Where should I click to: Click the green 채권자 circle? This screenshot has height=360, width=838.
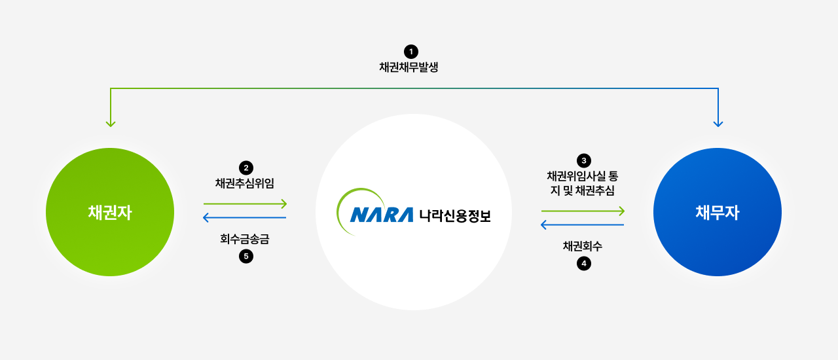110,212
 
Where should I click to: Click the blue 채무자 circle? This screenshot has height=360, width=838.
718,212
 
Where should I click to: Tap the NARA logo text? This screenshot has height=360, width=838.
382,215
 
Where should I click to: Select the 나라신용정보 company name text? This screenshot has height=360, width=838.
454,215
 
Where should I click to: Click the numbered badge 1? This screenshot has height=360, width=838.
411,52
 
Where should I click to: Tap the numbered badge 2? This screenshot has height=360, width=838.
246,168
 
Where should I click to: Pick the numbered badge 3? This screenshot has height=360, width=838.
583,160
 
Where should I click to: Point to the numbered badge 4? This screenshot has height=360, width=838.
583,263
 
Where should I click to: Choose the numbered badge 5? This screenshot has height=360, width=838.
246,257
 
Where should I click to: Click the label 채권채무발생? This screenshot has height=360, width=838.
409,67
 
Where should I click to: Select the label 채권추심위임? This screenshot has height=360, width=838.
245,183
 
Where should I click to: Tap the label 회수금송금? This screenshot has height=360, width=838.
245,239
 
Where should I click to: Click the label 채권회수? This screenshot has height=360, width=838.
583,246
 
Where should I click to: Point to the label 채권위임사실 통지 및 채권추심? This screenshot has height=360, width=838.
583,183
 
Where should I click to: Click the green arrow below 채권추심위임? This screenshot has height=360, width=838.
245,204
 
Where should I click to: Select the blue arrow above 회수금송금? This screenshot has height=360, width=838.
244,217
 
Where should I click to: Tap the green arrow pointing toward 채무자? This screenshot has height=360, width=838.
583,211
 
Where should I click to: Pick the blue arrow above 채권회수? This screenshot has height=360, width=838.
582,225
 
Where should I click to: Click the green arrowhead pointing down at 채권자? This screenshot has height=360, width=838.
111,124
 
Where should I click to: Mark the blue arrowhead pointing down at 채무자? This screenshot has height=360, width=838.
718,124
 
